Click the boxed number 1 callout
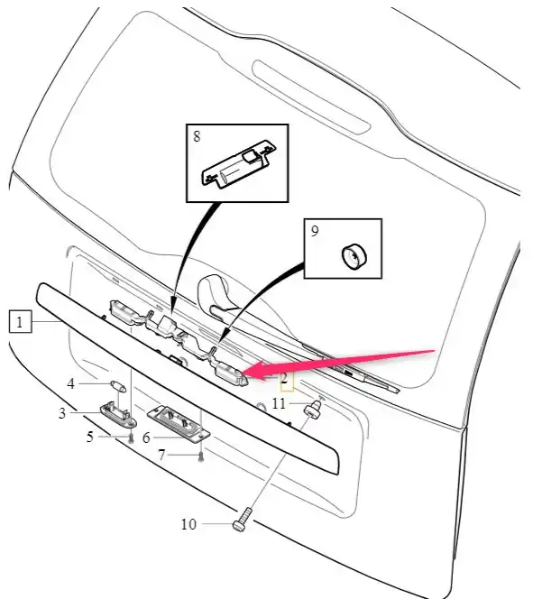[21, 319]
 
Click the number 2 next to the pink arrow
[283, 377]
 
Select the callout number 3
[63, 413]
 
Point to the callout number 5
[90, 438]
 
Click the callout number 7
[161, 456]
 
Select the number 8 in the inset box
[198, 138]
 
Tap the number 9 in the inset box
[315, 232]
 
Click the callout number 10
[189, 523]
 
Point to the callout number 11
[279, 403]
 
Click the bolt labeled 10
[241, 521]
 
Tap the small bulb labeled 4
[116, 385]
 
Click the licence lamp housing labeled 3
[118, 415]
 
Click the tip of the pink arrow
[249, 369]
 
